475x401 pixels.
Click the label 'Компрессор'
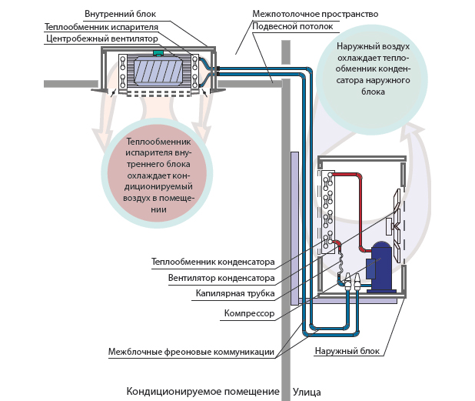249,314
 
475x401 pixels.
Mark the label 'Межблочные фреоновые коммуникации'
191,353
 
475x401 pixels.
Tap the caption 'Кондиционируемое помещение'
203,392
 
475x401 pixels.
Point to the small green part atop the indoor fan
159,52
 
